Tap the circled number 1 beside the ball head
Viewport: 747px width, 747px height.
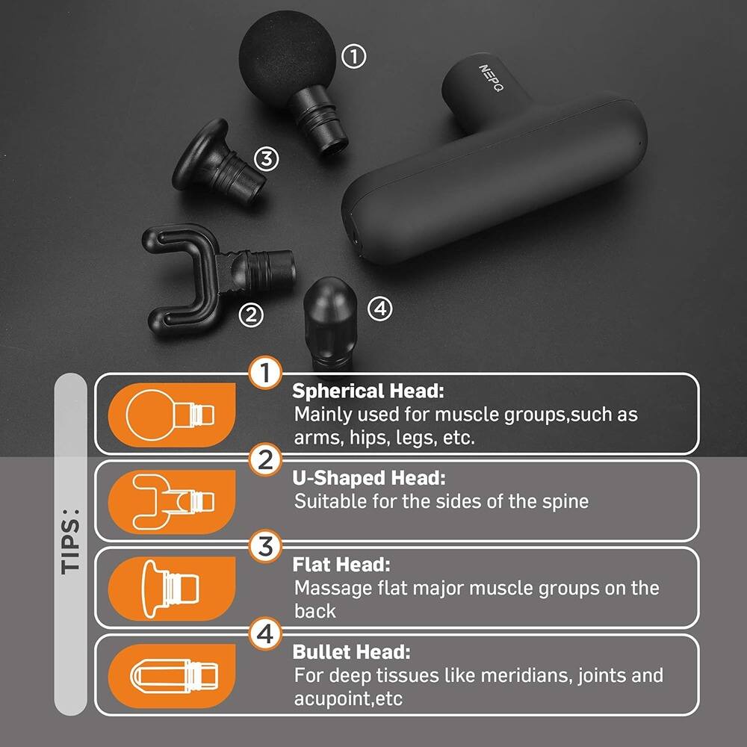coord(353,56)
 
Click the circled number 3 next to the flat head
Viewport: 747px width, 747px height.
coord(266,158)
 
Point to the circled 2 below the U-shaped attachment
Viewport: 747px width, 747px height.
coord(251,314)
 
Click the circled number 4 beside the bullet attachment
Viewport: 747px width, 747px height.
coord(379,309)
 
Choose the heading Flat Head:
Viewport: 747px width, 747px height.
coord(341,565)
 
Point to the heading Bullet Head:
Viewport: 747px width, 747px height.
coord(351,651)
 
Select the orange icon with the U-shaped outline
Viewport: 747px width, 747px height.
coord(172,500)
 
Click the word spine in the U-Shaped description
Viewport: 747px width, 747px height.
coord(565,500)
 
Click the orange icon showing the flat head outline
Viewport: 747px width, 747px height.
coord(172,586)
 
